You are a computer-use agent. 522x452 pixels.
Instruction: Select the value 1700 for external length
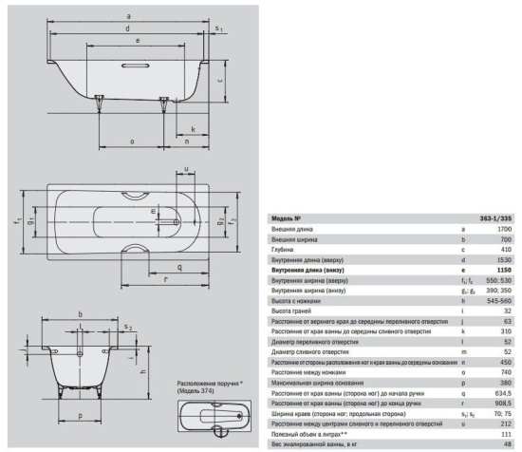504,229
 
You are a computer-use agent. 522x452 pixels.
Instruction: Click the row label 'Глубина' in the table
285,250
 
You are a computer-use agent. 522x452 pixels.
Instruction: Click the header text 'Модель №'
287,217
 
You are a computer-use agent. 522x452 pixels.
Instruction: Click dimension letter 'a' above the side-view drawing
128,16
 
